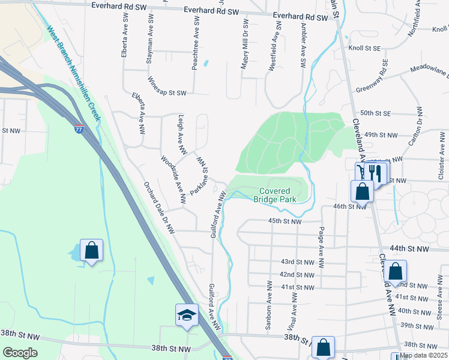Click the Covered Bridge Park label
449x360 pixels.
tap(275, 195)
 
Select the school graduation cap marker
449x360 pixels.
tap(187, 314)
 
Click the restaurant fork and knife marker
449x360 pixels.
tap(375, 173)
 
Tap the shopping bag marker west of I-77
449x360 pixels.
tap(91, 250)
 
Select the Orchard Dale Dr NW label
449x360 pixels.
tap(158, 208)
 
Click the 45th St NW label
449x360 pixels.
tap(284, 221)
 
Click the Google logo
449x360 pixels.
tap(20, 353)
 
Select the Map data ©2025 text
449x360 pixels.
tap(424, 355)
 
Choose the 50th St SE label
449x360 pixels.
tap(375, 113)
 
